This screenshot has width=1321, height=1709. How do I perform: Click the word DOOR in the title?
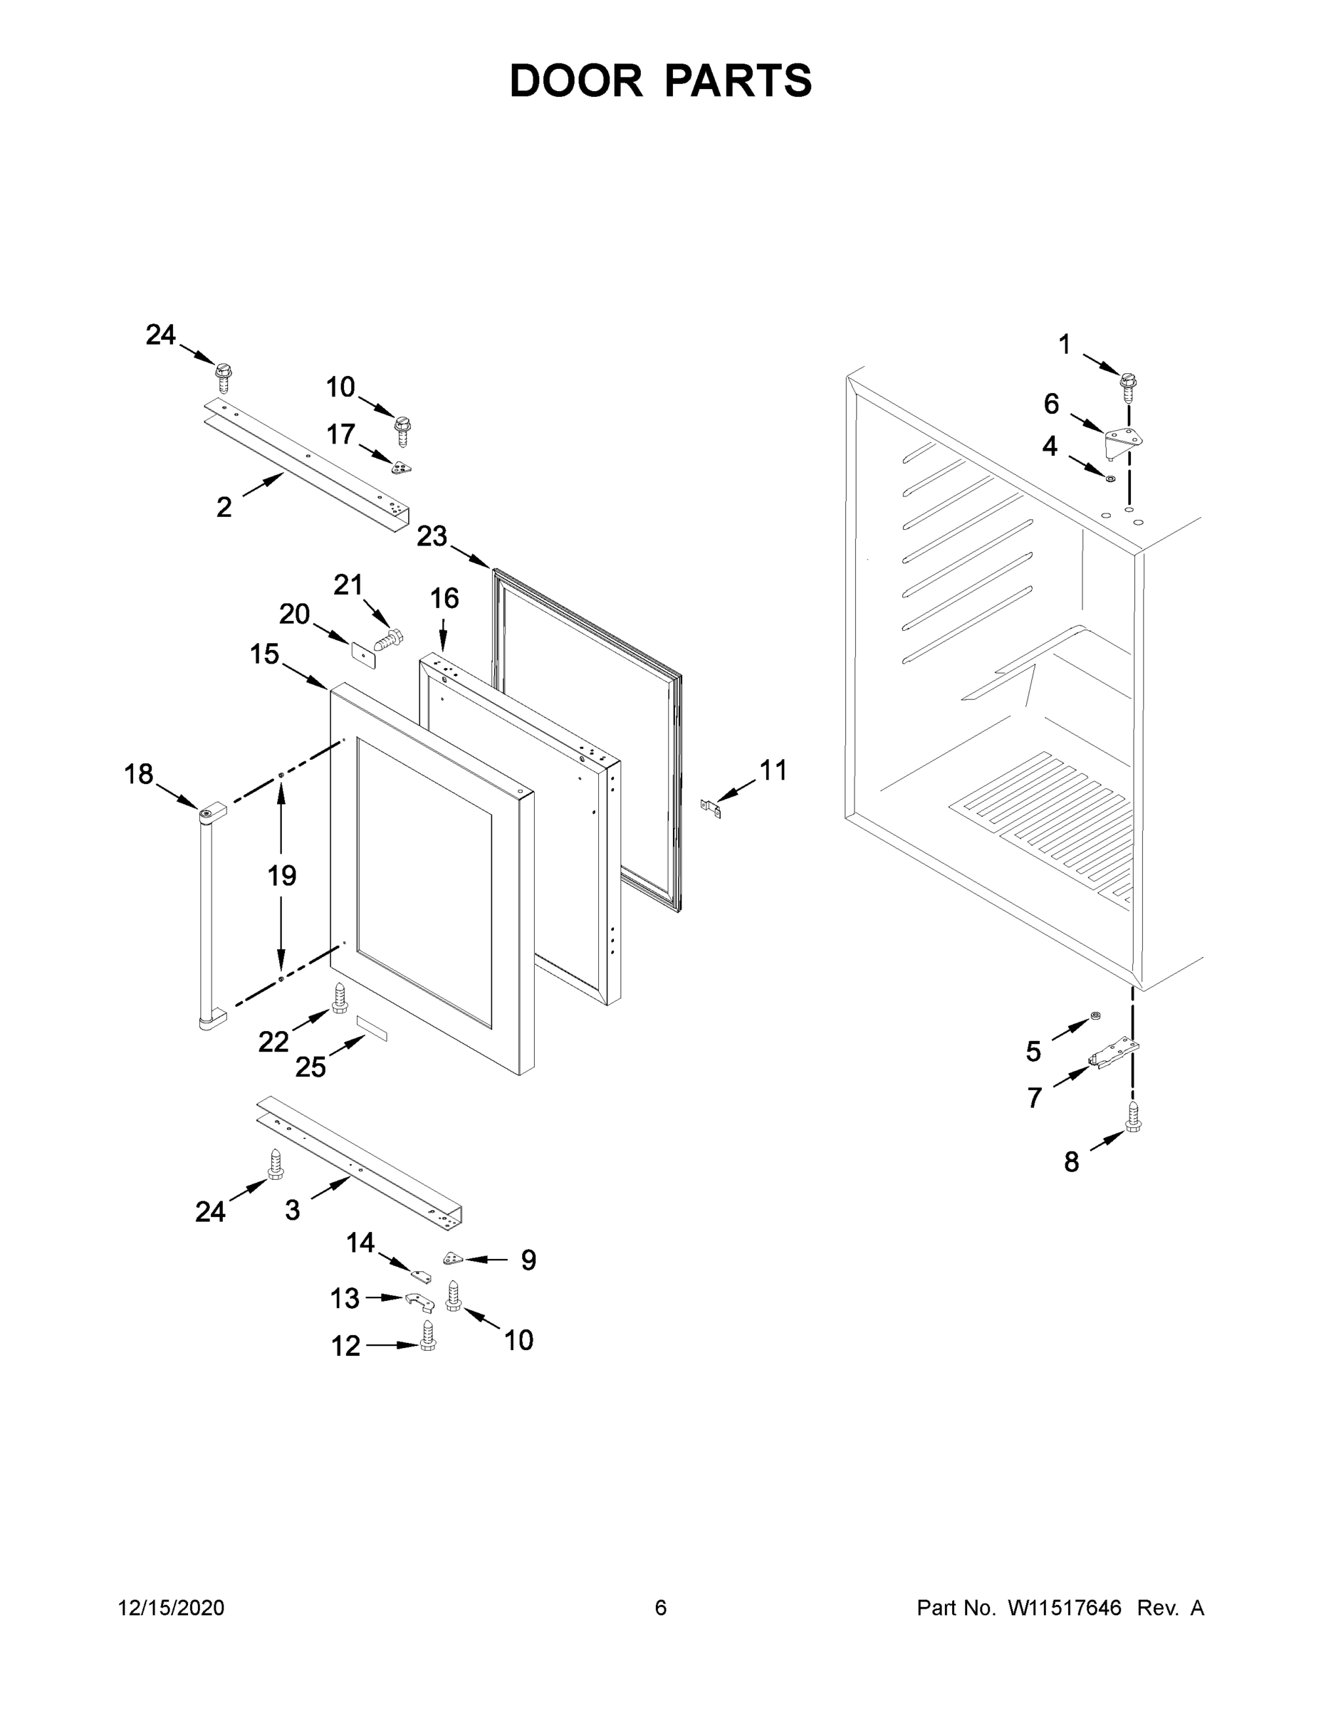(x=576, y=80)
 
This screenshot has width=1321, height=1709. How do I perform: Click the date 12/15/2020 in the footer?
(x=171, y=1607)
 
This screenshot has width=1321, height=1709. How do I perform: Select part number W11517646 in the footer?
(x=1065, y=1607)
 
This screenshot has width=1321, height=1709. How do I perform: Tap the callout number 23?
(x=432, y=536)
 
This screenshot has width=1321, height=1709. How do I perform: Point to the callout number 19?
(x=282, y=875)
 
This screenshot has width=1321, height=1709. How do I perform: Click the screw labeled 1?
(x=1128, y=387)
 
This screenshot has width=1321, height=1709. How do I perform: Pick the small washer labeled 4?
(x=1109, y=477)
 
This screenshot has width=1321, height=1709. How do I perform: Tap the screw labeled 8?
(x=1132, y=1115)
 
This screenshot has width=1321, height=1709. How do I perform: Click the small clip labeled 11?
(x=711, y=807)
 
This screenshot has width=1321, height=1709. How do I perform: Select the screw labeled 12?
(x=427, y=1334)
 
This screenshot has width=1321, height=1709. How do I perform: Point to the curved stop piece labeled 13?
(x=419, y=1300)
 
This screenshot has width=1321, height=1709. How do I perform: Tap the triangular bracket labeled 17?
(x=402, y=466)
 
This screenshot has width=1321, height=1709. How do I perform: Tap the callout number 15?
(x=264, y=654)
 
